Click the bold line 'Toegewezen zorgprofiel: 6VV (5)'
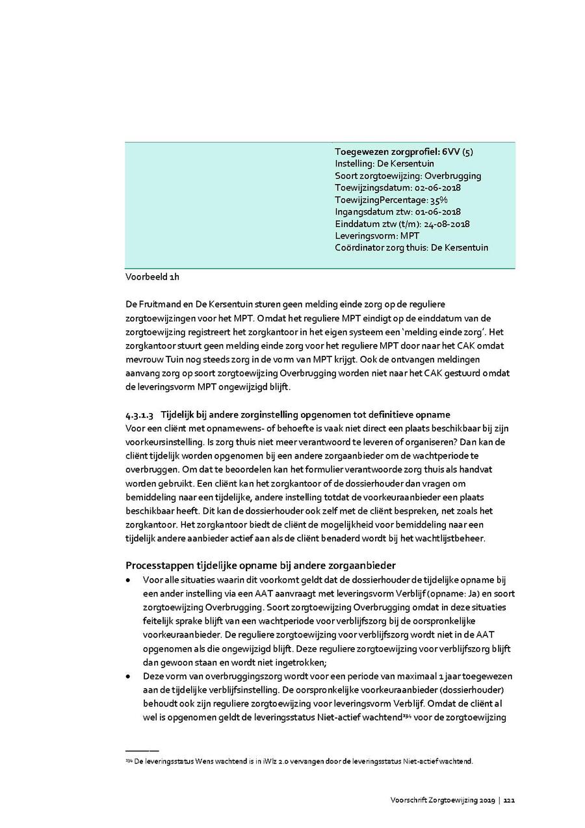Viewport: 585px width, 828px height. pyautogui.click(x=404, y=152)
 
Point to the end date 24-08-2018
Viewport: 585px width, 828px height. pyautogui.click(x=447, y=224)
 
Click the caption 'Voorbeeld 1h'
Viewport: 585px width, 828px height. pyautogui.click(x=152, y=276)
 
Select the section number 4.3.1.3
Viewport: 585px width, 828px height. pyautogui.click(x=140, y=415)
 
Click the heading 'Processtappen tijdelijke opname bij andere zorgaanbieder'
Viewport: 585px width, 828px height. pyautogui.click(x=261, y=565)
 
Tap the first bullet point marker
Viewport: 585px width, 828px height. pyautogui.click(x=129, y=579)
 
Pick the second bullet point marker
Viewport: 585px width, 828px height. pyautogui.click(x=129, y=676)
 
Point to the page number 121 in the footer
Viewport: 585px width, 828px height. pyautogui.click(x=510, y=800)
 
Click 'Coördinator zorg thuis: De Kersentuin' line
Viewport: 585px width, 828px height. pyautogui.click(x=411, y=248)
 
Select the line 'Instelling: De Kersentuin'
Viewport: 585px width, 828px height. pyautogui.click(x=384, y=164)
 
